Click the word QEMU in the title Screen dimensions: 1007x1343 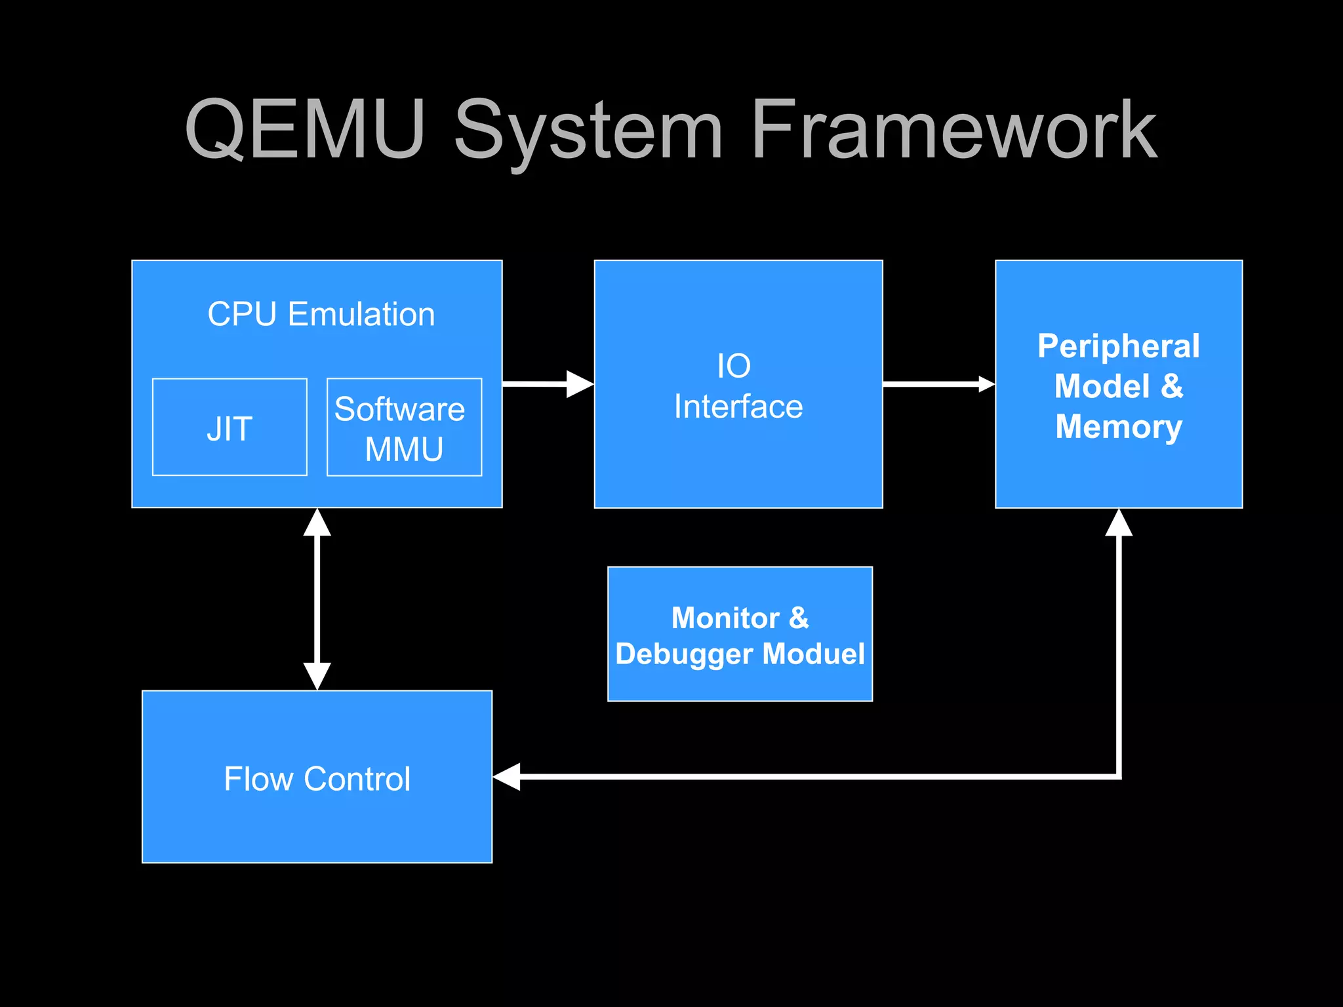pyautogui.click(x=306, y=129)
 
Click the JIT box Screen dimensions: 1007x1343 pyautogui.click(x=230, y=427)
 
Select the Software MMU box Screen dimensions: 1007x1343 pyautogui.click(x=404, y=427)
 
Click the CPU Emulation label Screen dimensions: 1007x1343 pyautogui.click(x=321, y=314)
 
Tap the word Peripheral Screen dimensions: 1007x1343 pyautogui.click(x=1118, y=346)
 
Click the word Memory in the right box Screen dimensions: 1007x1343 pyautogui.click(x=1118, y=427)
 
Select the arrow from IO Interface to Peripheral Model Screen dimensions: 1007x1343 pyautogui.click(x=938, y=384)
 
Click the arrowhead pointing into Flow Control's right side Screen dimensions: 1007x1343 pyautogui.click(x=507, y=777)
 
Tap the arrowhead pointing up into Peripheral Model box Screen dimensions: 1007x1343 pyautogui.click(x=1119, y=523)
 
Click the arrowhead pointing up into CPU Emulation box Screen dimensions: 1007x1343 pyautogui.click(x=317, y=523)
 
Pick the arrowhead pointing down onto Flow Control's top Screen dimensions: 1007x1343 pyautogui.click(x=317, y=676)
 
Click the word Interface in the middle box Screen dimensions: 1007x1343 pyautogui.click(x=738, y=406)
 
